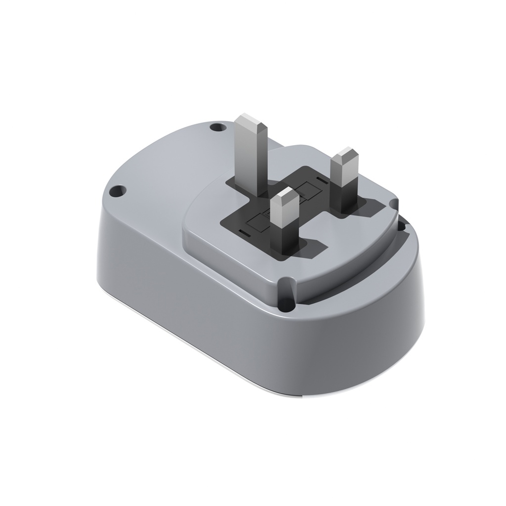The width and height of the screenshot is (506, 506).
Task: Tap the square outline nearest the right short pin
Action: tap(308, 188)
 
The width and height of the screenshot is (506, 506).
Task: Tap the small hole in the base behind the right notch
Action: tap(402, 227)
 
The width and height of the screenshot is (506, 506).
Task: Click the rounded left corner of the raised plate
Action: tap(188, 217)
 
